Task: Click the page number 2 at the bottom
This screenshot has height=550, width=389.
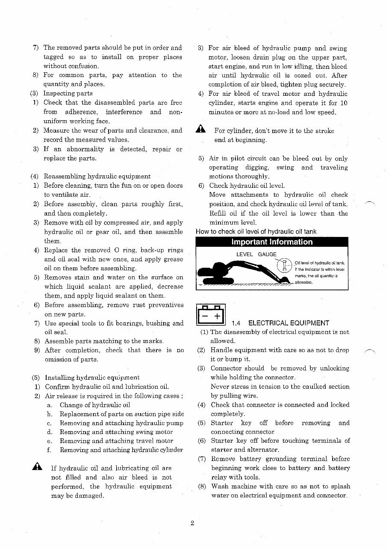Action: pos(193,523)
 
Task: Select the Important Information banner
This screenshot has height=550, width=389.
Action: pos(271,242)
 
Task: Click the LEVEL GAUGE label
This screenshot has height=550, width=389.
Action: pos(256,254)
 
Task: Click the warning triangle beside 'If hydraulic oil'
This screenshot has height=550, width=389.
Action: pos(37,467)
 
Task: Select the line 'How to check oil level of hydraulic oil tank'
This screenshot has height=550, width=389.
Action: pos(256,232)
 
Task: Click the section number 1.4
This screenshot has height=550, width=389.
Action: pos(236,323)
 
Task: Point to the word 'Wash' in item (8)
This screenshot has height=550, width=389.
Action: pos(220,487)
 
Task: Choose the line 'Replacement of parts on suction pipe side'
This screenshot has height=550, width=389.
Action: pos(122,414)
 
